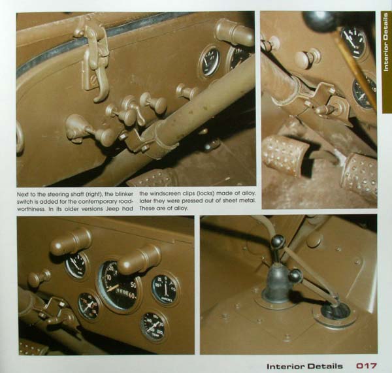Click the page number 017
click(x=367, y=366)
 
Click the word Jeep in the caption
click(x=113, y=208)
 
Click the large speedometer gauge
click(x=119, y=287)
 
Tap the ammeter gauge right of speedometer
click(x=165, y=289)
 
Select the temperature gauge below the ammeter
click(x=154, y=327)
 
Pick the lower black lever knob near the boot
click(x=296, y=276)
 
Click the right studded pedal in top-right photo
click(x=360, y=175)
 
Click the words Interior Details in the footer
click(x=304, y=366)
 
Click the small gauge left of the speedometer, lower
click(x=89, y=306)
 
